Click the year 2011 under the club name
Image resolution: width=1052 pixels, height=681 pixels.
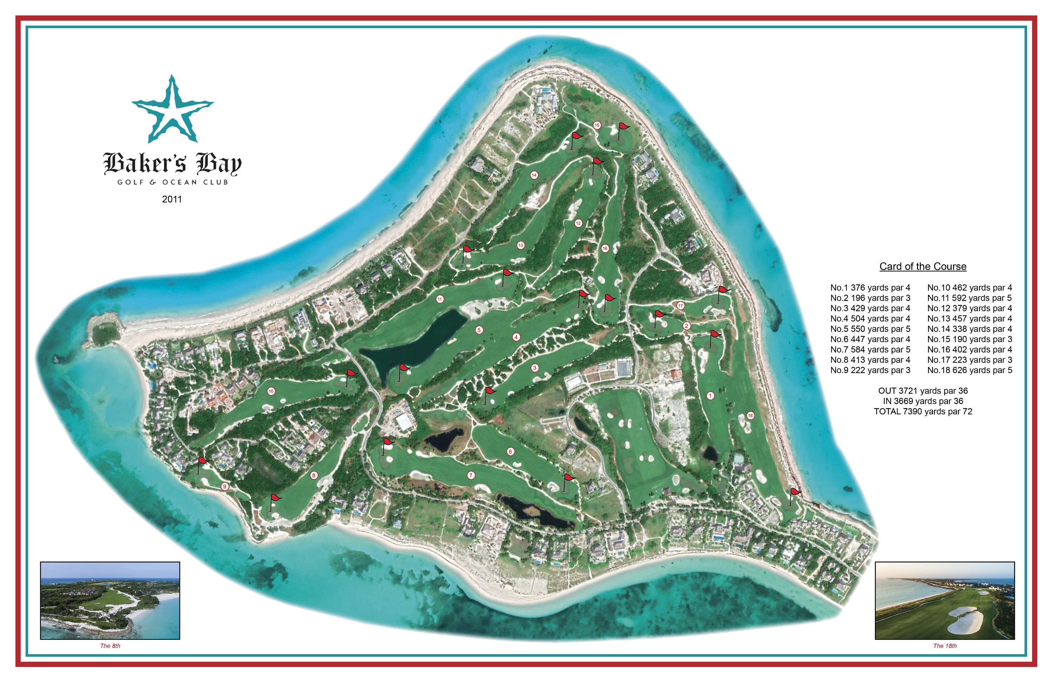(172, 199)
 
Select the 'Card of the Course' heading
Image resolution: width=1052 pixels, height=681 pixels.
(923, 267)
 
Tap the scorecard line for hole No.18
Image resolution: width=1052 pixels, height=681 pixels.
(969, 370)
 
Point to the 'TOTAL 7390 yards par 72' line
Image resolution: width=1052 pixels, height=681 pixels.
(923, 412)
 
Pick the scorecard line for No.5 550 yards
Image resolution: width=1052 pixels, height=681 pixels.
(870, 329)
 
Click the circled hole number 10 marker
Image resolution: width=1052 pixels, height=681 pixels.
(271, 391)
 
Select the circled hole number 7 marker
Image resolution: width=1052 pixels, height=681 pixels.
(471, 475)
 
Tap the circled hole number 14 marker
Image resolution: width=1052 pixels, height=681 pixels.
(534, 175)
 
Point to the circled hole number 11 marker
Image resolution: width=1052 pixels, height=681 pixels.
(440, 299)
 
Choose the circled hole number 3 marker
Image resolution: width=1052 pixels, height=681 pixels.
(535, 368)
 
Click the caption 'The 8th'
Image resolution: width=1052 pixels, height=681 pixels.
(110, 646)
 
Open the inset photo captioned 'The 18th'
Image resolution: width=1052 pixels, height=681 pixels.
(945, 601)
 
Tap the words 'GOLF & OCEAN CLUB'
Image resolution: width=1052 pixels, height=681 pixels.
(173, 182)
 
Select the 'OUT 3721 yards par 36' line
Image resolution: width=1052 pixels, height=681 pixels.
(923, 391)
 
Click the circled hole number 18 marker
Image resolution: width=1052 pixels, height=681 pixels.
(750, 415)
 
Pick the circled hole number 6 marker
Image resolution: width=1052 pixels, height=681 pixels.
(511, 452)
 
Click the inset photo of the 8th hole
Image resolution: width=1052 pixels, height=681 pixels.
(110, 601)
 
